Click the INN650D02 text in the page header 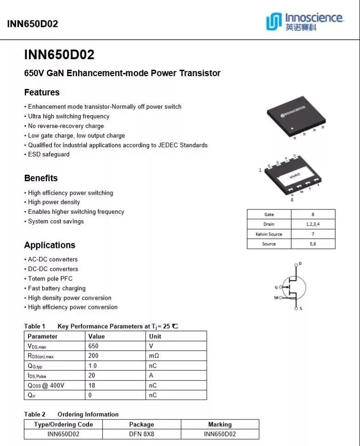[x=33, y=24]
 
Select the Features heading [x=42, y=92]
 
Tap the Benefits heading [x=41, y=178]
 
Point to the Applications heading [x=50, y=245]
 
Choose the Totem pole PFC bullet [x=50, y=279]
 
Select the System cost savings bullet [x=56, y=221]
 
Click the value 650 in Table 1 [x=93, y=346]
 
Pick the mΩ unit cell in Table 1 [x=154, y=356]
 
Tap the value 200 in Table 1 [x=93, y=356]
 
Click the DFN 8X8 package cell [x=141, y=434]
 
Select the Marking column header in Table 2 [x=220, y=424]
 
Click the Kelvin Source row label [x=269, y=234]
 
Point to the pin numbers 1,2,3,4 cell [x=313, y=224]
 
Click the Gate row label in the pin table [x=269, y=214]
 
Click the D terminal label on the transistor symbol [x=300, y=264]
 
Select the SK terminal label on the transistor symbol [x=276, y=298]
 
